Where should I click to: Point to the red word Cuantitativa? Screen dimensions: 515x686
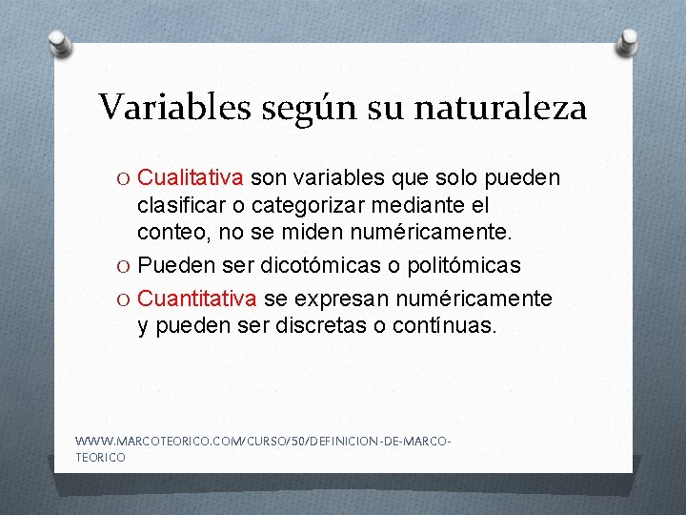tap(197, 299)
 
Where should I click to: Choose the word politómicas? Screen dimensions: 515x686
tap(461, 265)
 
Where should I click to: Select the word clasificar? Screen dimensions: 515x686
tap(182, 205)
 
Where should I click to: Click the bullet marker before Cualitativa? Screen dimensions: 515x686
tap(126, 179)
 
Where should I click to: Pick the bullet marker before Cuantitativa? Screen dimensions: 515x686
tap(126, 300)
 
